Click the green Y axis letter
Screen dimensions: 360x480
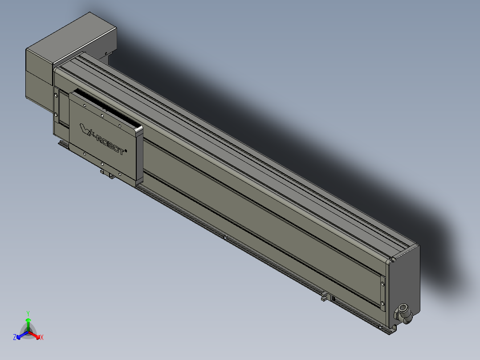click(x=28, y=313)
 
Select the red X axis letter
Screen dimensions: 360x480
click(x=42, y=338)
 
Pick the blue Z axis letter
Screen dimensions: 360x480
click(x=15, y=338)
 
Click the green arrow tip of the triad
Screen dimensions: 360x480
click(x=28, y=320)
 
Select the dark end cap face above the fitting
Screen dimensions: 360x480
click(x=405, y=276)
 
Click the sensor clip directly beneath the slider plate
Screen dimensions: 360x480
click(x=107, y=174)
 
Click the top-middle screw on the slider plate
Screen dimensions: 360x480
click(x=102, y=115)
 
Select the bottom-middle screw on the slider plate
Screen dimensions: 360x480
click(x=102, y=164)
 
